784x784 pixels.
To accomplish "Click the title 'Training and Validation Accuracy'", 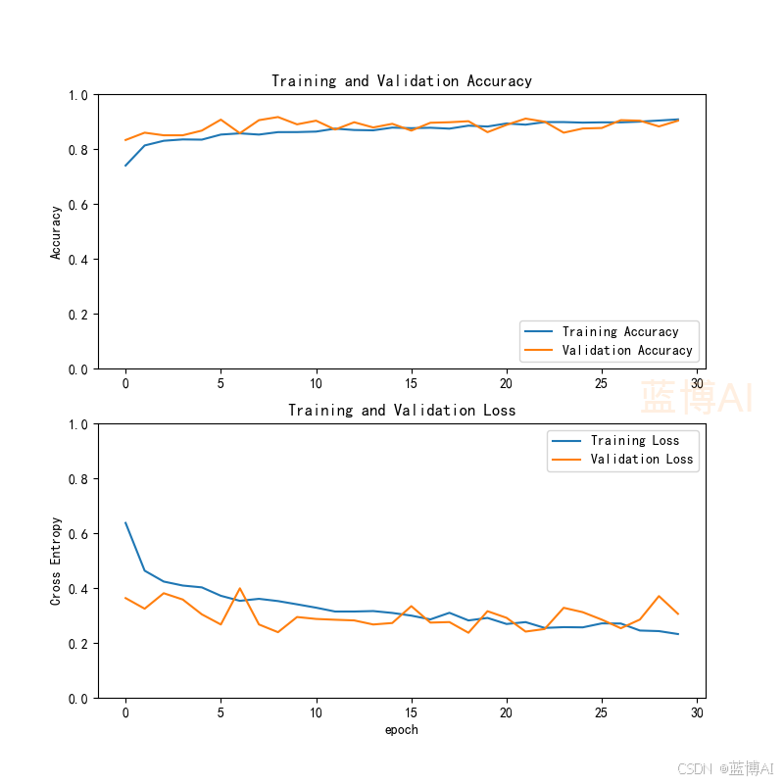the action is click(402, 81).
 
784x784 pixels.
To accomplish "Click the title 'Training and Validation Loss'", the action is click(402, 411).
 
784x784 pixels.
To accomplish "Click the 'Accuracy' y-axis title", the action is click(56, 232).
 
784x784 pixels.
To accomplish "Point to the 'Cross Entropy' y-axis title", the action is click(56, 561).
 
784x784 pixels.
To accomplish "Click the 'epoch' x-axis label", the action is click(402, 730).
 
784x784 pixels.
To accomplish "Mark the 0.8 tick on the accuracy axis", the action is click(78, 150).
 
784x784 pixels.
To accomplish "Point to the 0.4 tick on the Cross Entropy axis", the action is click(78, 589).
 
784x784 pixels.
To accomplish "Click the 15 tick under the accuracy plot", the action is click(411, 383).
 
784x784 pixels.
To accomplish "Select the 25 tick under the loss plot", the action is click(601, 712).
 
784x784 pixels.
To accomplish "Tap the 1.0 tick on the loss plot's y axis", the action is click(78, 424).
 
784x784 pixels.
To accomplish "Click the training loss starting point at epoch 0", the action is click(125, 522).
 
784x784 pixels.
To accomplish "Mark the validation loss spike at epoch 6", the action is click(240, 589).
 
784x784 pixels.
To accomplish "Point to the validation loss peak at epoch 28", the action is click(659, 596).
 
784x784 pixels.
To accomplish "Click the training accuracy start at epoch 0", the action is click(125, 166).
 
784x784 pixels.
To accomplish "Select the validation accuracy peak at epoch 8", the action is click(278, 117).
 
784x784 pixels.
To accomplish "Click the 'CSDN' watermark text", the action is click(695, 768).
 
